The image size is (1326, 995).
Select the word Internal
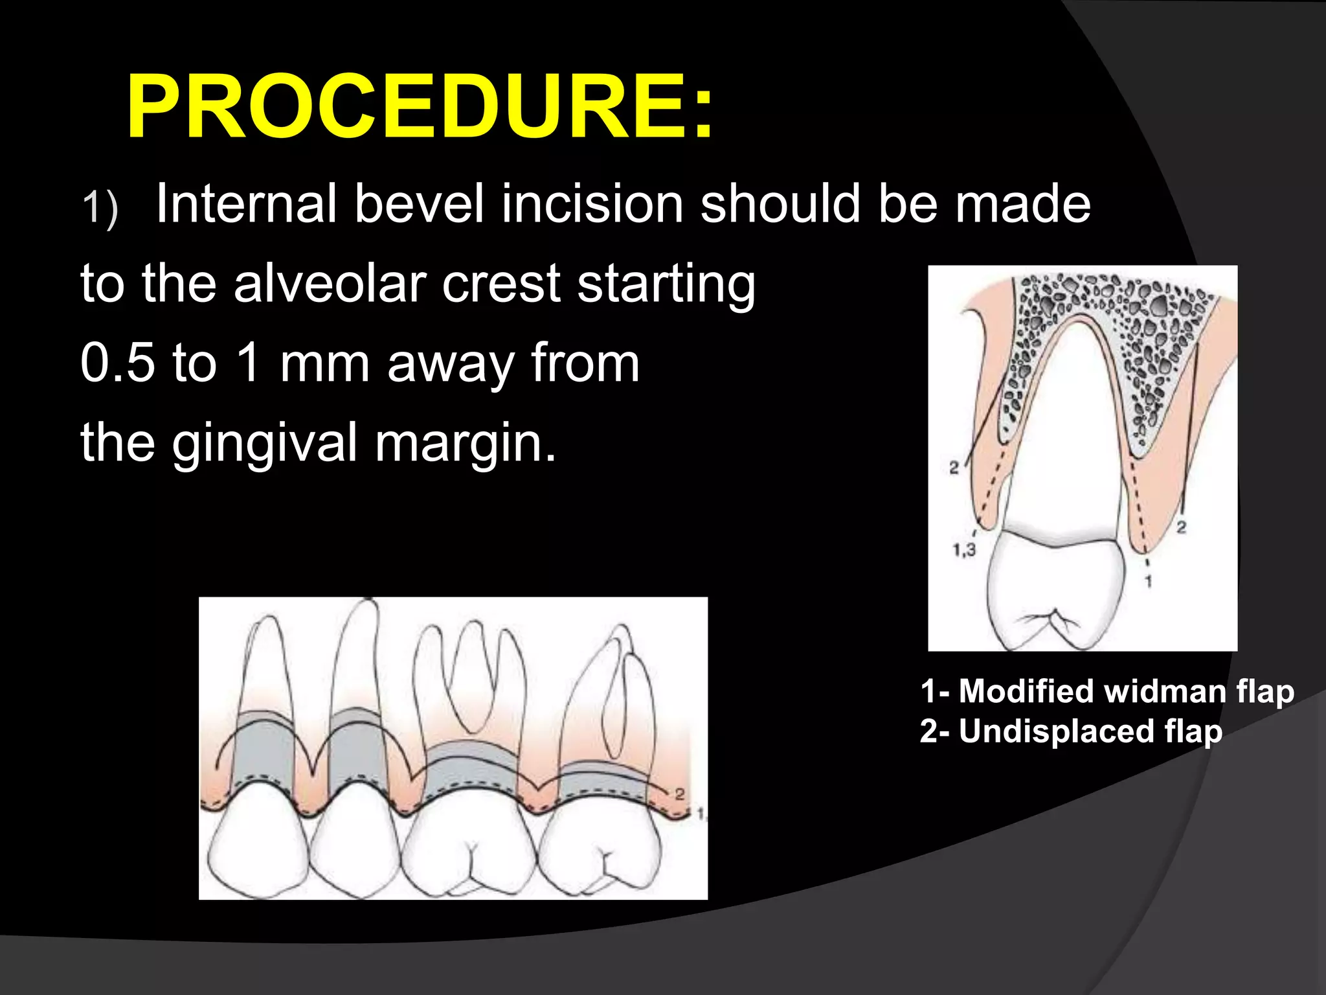(246, 204)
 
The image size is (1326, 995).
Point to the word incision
(592, 204)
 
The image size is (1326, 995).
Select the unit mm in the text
(324, 364)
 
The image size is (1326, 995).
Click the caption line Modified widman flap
(1107, 691)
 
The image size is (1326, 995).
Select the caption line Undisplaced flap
(1071, 731)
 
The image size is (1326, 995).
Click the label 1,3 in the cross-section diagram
(963, 551)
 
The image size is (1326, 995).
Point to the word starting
(666, 285)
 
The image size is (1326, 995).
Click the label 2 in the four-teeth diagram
(679, 794)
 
